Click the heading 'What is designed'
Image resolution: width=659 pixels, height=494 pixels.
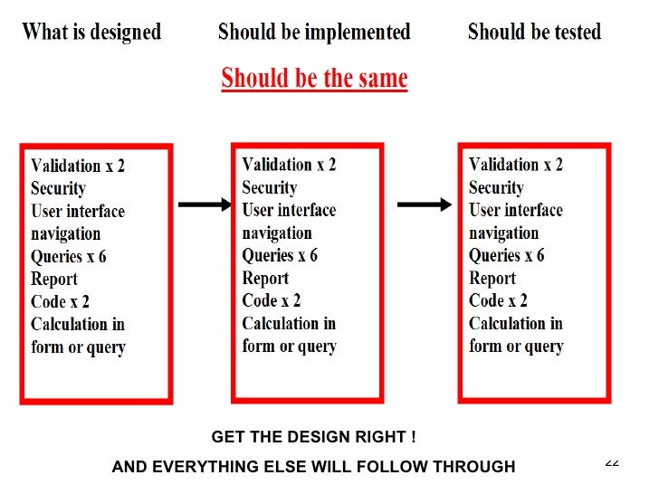coord(91,33)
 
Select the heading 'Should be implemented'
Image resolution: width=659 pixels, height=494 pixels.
coord(314,33)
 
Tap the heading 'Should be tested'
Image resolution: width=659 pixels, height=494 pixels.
coord(534,33)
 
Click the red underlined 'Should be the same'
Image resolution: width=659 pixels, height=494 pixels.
coord(314,78)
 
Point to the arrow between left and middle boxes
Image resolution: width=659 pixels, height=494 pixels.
coord(205,205)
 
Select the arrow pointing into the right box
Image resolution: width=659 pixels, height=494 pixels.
coord(425,205)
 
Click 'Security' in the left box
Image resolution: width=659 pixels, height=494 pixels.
coord(58,188)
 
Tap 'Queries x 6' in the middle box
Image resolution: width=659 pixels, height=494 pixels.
coord(280,255)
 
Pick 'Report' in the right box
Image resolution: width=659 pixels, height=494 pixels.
coord(492,278)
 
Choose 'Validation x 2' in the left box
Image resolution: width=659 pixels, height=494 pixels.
coord(78,166)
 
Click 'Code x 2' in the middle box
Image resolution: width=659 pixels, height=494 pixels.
coord(271,300)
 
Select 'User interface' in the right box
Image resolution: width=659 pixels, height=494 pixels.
coord(515,210)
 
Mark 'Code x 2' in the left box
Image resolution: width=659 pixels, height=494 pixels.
coord(60,301)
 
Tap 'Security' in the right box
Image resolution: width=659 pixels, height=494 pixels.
coord(496,187)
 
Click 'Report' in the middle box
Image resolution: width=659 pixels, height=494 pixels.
coord(265,278)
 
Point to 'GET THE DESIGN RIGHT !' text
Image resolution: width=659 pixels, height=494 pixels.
coord(313,437)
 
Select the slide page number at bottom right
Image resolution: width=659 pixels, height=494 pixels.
coord(612,462)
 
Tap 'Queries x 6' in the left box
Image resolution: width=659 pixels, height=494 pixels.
coord(69,256)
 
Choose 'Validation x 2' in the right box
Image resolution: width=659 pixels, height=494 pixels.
coord(515,165)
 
